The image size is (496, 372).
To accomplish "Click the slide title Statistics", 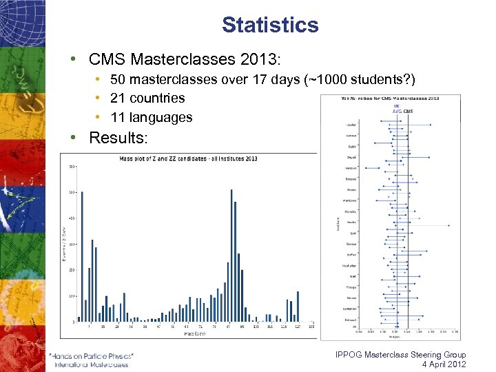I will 270,25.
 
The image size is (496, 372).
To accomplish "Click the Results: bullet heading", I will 118,138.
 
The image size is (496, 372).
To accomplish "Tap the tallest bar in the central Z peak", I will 231,255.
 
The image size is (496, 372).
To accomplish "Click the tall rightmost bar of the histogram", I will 298,307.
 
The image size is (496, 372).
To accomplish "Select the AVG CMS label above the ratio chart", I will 402,111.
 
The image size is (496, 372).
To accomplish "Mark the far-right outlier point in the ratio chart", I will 448,225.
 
